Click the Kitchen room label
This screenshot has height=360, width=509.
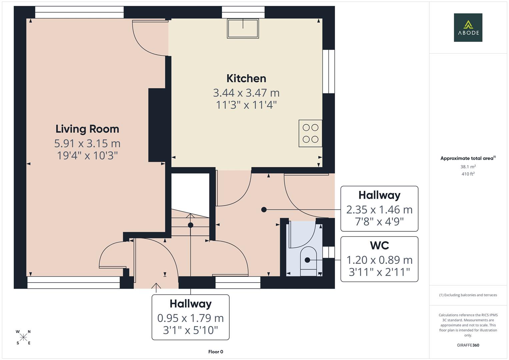pos(246,78)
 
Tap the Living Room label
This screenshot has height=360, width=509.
pos(87,129)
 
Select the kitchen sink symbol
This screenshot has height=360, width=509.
pos(243,28)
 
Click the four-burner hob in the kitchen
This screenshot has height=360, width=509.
pos(310,133)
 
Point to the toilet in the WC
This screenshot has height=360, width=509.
pos(308,261)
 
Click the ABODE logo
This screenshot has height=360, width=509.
pos(468,27)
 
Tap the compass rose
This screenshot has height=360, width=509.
pos(23,337)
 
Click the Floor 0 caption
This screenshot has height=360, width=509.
pos(216,352)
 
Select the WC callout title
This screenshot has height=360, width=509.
pos(379,245)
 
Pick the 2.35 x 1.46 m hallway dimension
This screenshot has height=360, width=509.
pos(379,210)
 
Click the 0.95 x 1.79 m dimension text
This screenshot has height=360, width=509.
pos(190,318)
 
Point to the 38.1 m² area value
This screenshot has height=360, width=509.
pos(468,167)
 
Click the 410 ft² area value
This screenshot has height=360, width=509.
pos(468,174)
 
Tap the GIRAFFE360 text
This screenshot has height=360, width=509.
pos(468,345)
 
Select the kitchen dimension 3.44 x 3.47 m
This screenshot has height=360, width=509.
pos(246,93)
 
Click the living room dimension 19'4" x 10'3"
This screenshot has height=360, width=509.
pos(87,156)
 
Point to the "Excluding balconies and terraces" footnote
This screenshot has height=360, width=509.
pos(468,295)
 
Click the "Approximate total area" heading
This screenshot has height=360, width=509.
pos(468,158)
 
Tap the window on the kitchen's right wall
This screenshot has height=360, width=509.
pos(329,71)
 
